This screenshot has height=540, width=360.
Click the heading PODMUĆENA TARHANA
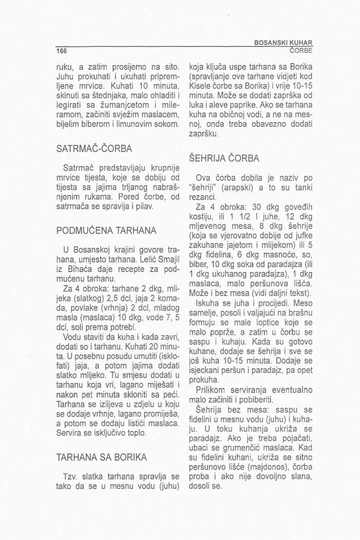point(102,229)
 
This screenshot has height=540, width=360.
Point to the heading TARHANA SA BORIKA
point(101,457)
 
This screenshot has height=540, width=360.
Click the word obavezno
point(278,124)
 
